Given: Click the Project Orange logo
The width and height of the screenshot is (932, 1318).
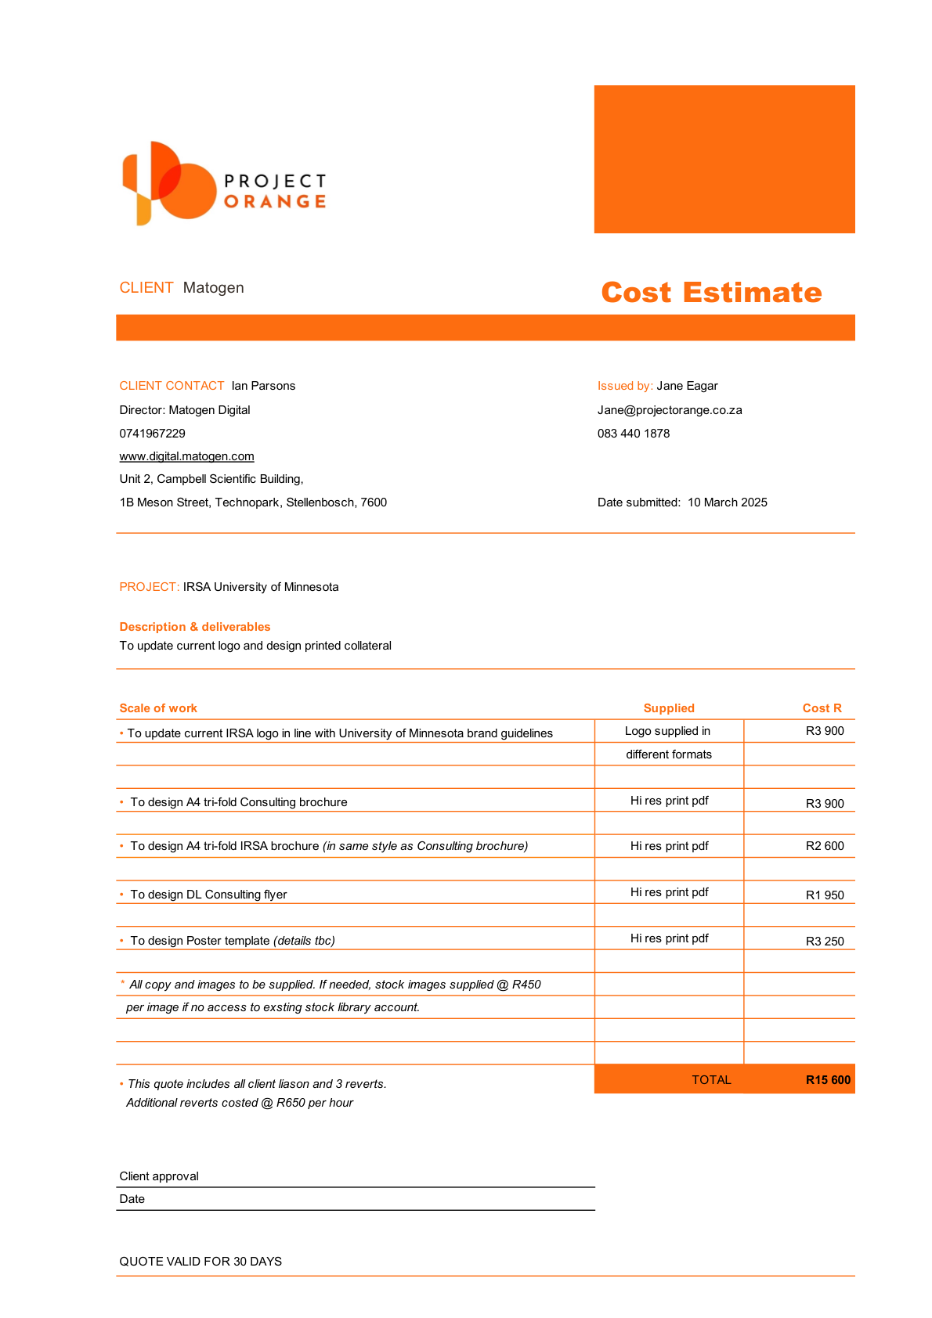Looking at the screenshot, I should [x=224, y=184].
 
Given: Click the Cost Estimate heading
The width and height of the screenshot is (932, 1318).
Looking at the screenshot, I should [x=711, y=292].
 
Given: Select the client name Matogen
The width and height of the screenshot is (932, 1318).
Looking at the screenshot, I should [x=213, y=288].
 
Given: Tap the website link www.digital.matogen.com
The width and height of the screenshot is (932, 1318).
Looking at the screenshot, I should [x=186, y=456].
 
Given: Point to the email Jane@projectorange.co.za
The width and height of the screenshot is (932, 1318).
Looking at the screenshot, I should [x=670, y=410].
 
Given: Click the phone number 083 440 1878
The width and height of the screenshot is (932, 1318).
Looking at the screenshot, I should [x=634, y=434].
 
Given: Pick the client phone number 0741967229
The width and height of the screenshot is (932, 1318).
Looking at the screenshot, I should [x=152, y=434].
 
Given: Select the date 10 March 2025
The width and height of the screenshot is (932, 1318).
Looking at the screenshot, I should [x=728, y=502].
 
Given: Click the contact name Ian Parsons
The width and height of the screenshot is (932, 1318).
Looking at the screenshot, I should [x=263, y=386].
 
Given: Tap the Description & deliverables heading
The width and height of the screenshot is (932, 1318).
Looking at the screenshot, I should [x=194, y=627].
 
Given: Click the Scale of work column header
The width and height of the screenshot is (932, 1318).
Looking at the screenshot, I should [x=158, y=708].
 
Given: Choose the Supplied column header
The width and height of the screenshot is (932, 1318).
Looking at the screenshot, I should [x=669, y=708].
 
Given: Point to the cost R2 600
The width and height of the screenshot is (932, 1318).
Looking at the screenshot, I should [x=825, y=846].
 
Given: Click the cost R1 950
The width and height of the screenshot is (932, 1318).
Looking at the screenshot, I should [x=825, y=895].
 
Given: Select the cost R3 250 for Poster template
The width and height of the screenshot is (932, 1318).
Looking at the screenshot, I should [x=825, y=942].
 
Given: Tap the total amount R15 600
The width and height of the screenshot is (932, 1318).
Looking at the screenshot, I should [x=828, y=1080].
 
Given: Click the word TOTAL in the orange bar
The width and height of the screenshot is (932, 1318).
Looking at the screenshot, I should [x=711, y=1080].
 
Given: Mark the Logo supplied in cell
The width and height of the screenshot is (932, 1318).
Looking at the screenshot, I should [x=667, y=731].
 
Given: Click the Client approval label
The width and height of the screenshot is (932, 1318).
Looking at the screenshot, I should [x=159, y=1176].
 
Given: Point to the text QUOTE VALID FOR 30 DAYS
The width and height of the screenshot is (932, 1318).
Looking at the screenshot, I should [x=200, y=1262].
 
